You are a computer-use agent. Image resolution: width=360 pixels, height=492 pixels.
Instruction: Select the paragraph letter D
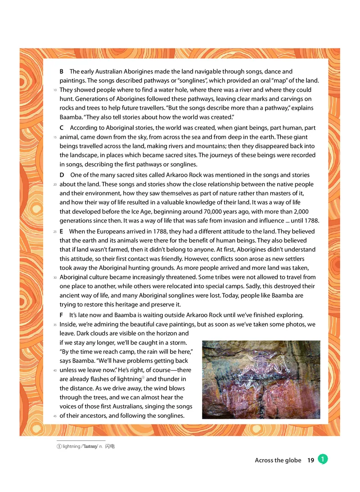tap(62, 175)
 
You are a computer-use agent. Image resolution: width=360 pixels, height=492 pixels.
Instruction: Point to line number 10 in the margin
tap(55, 90)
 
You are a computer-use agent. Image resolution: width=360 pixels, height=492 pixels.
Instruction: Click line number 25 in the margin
tap(55, 232)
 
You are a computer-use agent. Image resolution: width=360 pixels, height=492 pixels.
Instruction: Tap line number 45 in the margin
tap(55, 416)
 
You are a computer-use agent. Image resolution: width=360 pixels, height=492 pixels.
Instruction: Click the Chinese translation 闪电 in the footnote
tap(111, 447)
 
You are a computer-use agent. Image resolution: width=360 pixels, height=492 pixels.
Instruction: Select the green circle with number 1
tap(322, 459)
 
